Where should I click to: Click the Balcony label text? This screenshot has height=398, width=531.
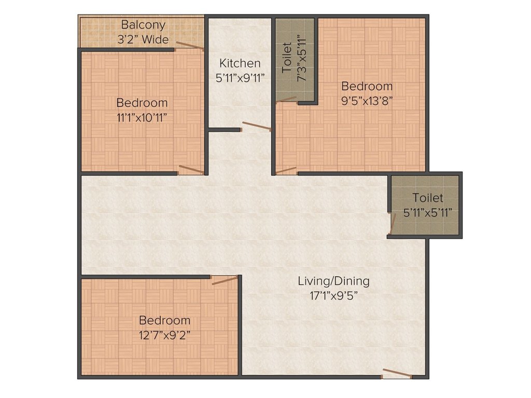pos(143,24)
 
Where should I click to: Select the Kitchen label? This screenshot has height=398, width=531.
pos(240,63)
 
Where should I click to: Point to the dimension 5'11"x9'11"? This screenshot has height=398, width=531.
pos(240,78)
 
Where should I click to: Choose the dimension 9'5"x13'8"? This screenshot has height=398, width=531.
pos(367,101)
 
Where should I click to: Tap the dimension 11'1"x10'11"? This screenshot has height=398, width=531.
pos(142,117)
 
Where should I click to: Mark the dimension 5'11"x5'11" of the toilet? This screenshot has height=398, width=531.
pos(428,212)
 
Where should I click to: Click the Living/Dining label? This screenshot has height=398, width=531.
pos(333,281)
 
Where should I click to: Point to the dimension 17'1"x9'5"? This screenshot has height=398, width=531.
pos(333,296)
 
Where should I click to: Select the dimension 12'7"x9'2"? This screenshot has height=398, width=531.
pos(164,335)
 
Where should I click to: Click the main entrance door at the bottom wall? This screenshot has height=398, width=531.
pos(397,374)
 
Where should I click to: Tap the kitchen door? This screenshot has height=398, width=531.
pos(257,126)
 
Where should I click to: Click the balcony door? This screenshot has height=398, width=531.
pos(189,46)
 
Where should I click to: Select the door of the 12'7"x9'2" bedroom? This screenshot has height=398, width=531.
pos(225,280)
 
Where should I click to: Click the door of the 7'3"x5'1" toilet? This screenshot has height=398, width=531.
pos(286,99)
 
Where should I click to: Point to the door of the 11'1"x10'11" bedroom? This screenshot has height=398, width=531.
pos(191,169)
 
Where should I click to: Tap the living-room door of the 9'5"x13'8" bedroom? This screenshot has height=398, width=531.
pos(286,170)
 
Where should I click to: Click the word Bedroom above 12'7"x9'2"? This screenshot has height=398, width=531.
pos(164,320)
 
